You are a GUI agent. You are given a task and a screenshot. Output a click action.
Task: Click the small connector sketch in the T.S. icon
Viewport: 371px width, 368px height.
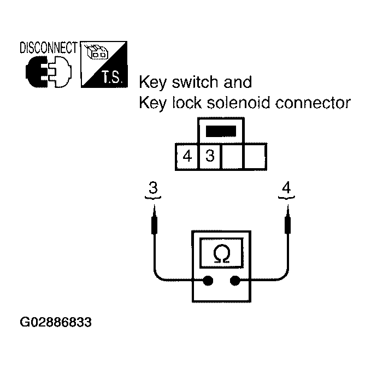tap(97, 52)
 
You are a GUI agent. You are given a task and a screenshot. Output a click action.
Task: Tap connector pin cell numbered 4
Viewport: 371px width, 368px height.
tap(187, 157)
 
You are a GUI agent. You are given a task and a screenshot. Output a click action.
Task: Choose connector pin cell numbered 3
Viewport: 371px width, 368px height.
tap(210, 157)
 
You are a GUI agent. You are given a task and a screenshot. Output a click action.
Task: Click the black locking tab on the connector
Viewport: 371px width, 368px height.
tap(220, 132)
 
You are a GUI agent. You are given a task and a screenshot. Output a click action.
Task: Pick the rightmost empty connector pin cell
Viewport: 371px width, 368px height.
tap(255, 157)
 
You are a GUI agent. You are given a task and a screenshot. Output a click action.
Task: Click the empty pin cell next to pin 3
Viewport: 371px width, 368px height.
tap(232, 157)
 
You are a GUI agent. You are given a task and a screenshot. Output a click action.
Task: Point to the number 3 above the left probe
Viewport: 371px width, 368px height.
tap(153, 188)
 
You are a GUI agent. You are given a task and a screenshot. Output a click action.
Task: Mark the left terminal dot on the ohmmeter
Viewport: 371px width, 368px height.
tap(208, 281)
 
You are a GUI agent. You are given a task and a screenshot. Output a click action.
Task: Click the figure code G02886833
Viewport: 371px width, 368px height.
tap(56, 322)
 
